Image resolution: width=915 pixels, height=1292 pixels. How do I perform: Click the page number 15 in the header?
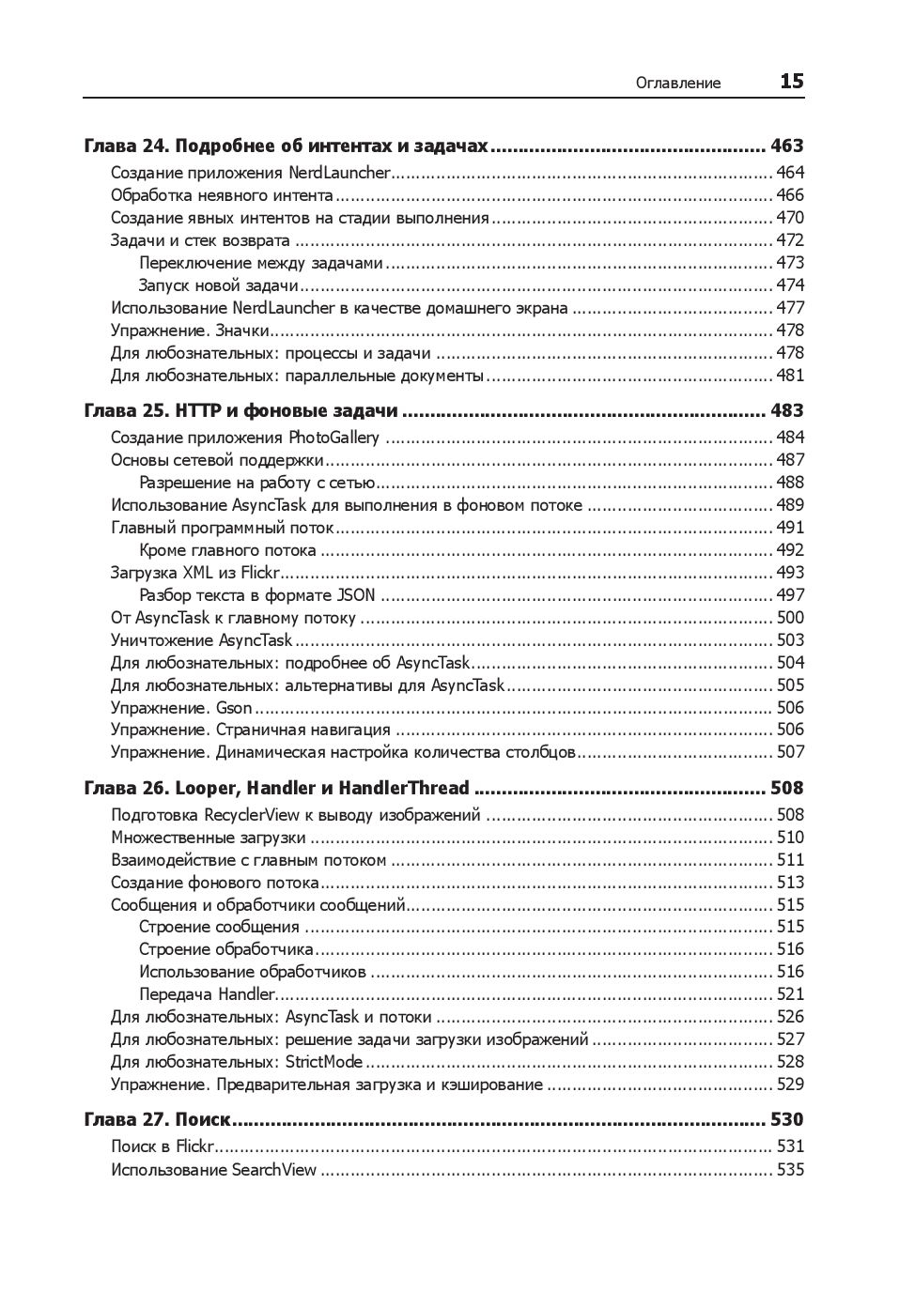[791, 82]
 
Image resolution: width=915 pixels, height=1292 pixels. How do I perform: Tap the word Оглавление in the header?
[677, 83]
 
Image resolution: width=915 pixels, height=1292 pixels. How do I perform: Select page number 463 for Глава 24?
[786, 146]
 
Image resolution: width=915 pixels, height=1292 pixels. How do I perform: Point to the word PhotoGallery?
[333, 438]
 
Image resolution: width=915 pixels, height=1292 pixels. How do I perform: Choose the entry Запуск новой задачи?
[218, 285]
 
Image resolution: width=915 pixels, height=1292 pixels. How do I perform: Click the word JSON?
[356, 595]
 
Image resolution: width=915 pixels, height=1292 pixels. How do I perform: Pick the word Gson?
[234, 708]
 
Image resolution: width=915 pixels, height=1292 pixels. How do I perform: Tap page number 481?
[790, 376]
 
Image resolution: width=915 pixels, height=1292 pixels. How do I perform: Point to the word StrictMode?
[323, 1062]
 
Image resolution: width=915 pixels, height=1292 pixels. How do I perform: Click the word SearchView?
[274, 1170]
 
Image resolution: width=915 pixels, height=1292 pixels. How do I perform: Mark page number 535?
[790, 1170]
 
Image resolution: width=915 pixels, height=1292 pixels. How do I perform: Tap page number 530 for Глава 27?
[786, 1119]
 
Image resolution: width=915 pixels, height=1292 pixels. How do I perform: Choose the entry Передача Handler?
[207, 994]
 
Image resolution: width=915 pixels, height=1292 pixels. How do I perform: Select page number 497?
[790, 595]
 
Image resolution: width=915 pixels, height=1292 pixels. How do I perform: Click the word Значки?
[242, 331]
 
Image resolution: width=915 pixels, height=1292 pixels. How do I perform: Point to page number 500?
[790, 618]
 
